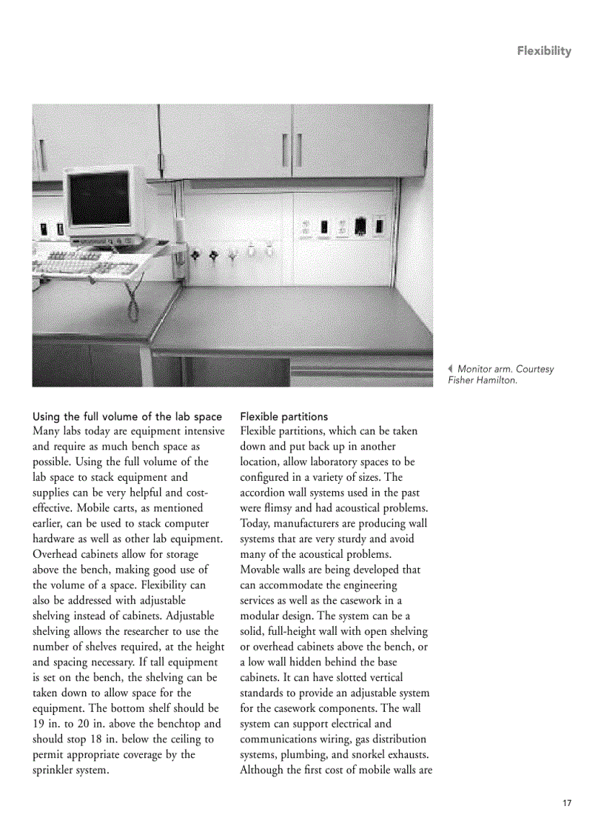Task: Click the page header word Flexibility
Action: coord(544,51)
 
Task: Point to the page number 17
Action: coord(567,802)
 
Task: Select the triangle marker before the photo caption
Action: coord(450,369)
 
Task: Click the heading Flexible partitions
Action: coord(283,416)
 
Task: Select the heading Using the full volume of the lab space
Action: coord(127,416)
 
